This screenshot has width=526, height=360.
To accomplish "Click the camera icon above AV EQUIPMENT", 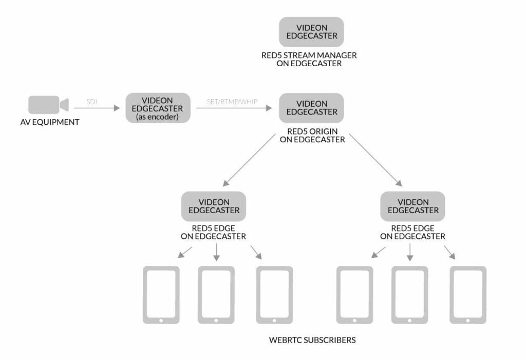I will [x=48, y=105].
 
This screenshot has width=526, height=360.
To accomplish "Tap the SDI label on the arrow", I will [x=91, y=102].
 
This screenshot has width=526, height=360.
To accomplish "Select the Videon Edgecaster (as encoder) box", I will [x=158, y=108].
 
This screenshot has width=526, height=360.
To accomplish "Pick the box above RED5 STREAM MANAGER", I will [x=311, y=32].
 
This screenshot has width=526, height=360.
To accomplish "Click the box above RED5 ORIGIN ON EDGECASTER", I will [x=311, y=108].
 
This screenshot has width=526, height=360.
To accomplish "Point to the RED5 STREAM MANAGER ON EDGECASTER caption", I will [x=309, y=60].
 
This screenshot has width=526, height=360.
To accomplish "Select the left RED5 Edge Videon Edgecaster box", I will [x=214, y=206].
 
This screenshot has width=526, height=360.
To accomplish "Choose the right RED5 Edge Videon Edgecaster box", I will [x=412, y=206].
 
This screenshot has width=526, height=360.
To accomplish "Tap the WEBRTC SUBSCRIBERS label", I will [x=312, y=340].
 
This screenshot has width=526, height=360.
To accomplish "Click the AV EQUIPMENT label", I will [x=50, y=122].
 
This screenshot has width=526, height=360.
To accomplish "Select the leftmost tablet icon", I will [x=161, y=295].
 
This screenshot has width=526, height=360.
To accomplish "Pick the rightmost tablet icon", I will [x=467, y=295].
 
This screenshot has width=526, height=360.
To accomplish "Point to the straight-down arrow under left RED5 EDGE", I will [x=216, y=251].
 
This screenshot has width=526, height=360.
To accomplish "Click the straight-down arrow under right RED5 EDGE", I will [x=409, y=251].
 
